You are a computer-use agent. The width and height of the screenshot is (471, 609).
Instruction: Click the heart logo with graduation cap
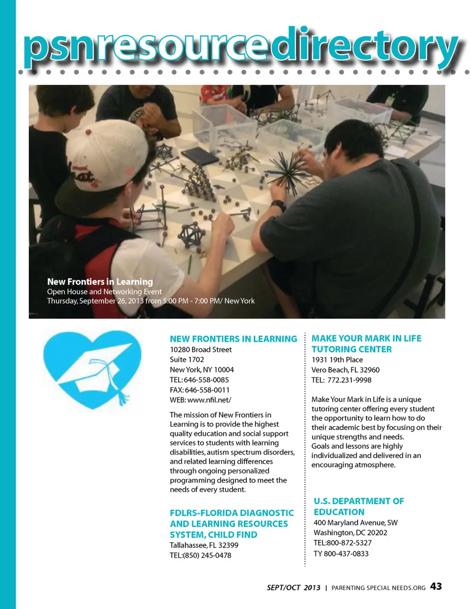(x=92, y=369)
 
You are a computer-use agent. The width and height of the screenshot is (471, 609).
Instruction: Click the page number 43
(x=436, y=586)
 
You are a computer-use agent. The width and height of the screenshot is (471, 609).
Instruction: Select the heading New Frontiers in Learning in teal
(x=233, y=339)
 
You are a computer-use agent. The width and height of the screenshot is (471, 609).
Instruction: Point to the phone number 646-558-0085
(x=206, y=380)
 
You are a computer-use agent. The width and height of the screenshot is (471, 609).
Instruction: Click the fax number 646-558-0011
(x=207, y=390)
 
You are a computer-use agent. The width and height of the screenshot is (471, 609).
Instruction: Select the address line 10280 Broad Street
(x=201, y=350)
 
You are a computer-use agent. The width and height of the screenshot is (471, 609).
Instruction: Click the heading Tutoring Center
(x=351, y=349)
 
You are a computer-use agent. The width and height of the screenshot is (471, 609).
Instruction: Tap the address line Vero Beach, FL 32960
(x=345, y=370)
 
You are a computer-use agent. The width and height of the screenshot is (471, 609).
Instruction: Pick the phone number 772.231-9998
(x=349, y=380)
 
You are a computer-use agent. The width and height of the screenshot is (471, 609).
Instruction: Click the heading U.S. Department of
(x=359, y=501)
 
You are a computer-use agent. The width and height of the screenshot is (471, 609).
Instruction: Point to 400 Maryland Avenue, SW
(x=355, y=523)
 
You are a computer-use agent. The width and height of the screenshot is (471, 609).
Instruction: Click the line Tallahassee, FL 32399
(x=204, y=545)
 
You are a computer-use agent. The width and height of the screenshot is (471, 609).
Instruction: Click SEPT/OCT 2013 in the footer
(x=293, y=587)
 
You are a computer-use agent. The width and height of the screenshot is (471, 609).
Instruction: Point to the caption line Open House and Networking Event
(x=104, y=291)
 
